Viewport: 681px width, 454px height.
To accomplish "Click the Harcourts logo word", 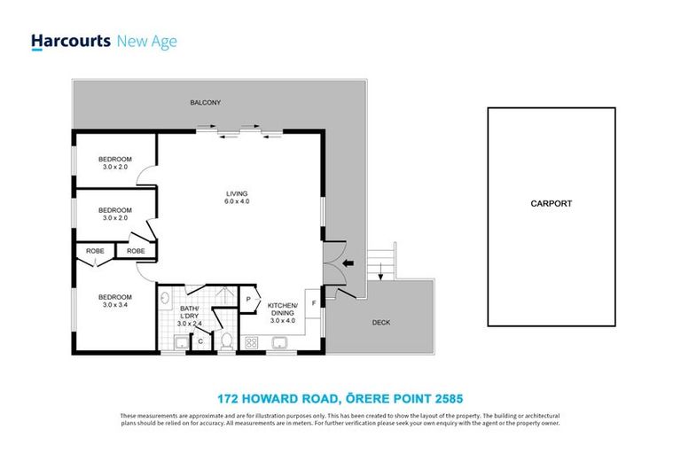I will (x=70, y=41).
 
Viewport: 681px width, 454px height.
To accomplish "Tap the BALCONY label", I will (x=205, y=103).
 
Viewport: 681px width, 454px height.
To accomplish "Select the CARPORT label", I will (x=551, y=204).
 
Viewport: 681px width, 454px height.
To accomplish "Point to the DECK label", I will (x=380, y=323).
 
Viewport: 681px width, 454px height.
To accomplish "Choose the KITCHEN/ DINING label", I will (x=284, y=310).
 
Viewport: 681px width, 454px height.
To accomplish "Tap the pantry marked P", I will (x=248, y=300).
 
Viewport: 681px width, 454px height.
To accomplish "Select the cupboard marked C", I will (x=201, y=340).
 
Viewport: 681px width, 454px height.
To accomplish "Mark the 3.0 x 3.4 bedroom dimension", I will (x=114, y=305).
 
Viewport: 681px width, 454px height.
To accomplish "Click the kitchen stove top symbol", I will (x=251, y=341).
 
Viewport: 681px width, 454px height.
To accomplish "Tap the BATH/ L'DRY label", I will (x=190, y=317).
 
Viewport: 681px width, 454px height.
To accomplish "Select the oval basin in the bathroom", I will (x=165, y=300).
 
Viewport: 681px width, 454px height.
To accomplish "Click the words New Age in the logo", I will (x=146, y=41).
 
